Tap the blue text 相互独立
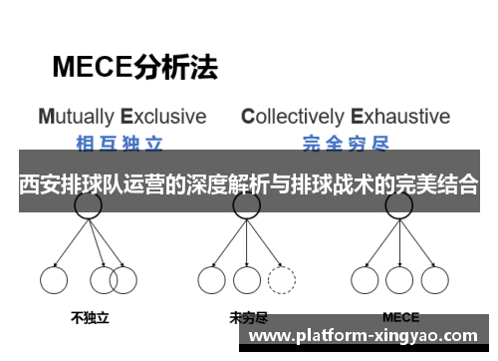click(x=122, y=141)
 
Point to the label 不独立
click(x=89, y=319)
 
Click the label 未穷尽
click(x=248, y=319)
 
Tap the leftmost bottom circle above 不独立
click(x=54, y=279)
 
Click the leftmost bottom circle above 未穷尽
click(x=212, y=279)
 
